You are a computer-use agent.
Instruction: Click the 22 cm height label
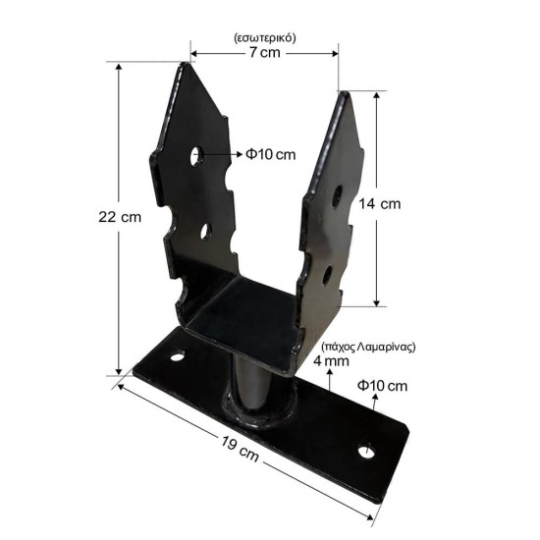(120, 217)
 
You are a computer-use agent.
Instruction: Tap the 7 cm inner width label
(264, 52)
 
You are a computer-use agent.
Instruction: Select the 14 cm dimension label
(380, 204)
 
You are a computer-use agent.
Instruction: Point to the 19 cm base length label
(240, 449)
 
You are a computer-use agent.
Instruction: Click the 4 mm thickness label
(331, 361)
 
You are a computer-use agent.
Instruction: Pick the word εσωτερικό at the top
(264, 38)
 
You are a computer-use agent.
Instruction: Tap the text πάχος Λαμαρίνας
(368, 347)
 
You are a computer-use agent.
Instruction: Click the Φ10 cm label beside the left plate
(271, 154)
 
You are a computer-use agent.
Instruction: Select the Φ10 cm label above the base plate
(382, 386)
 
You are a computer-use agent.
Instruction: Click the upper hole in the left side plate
(196, 156)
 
